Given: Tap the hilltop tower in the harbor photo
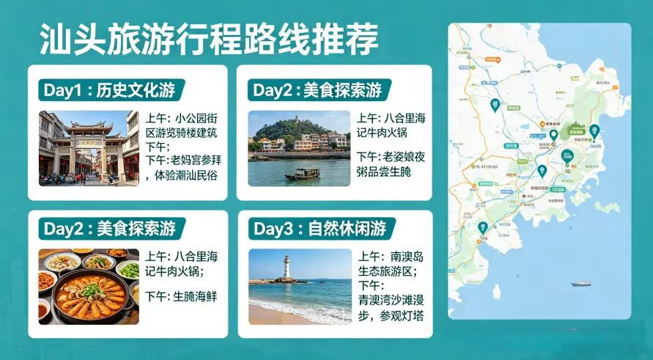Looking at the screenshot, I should pos(297,118).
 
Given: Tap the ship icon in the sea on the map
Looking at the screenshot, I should pos(581,284).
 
